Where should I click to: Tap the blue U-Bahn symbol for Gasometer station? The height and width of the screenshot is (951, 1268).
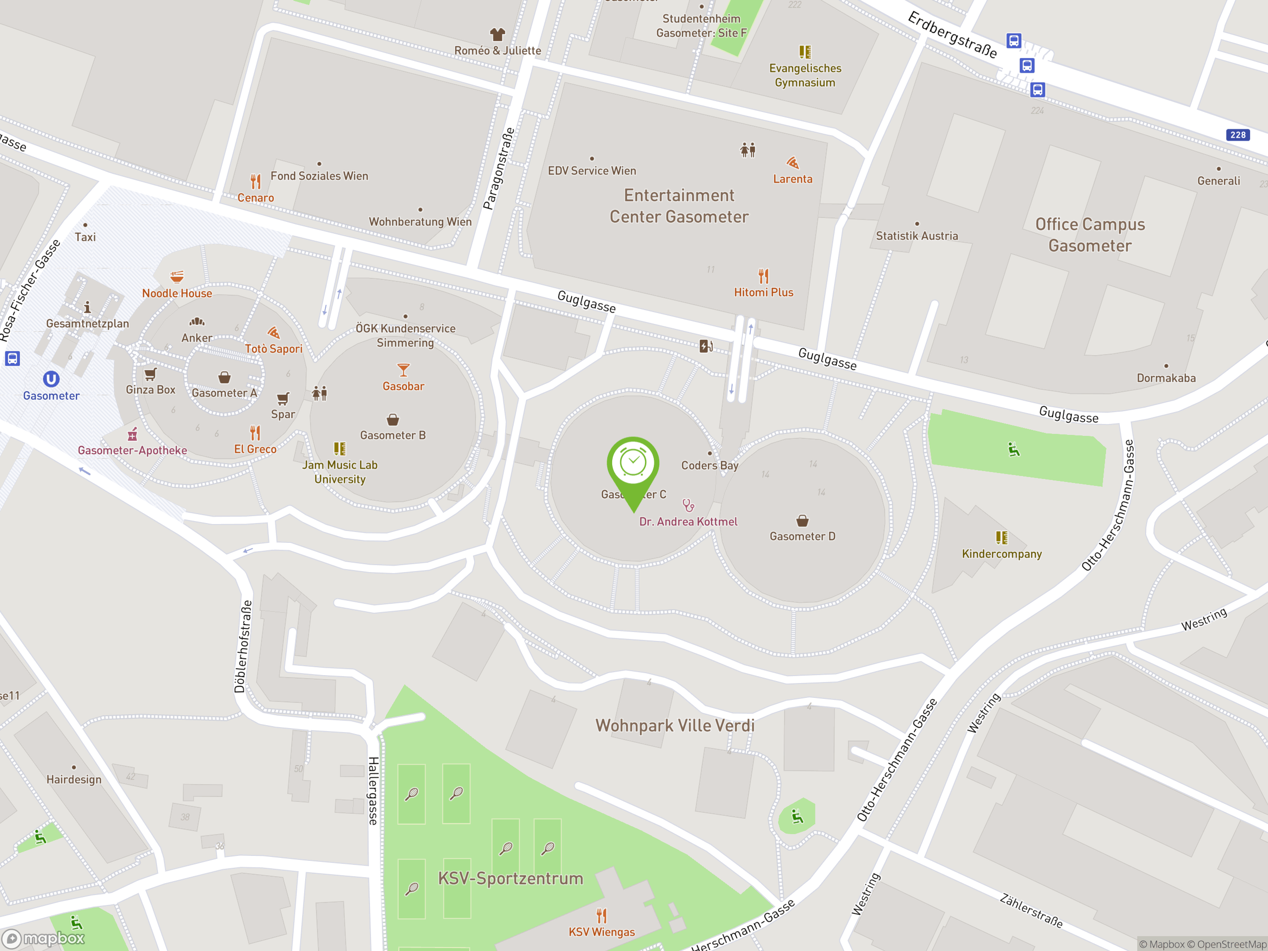click(x=51, y=379)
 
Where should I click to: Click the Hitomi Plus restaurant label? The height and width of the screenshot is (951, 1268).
click(x=764, y=292)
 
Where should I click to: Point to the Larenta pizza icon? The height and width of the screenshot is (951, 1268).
click(x=793, y=163)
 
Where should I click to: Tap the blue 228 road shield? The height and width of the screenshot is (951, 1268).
click(x=1238, y=135)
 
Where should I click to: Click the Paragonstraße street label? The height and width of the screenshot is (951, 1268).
click(x=498, y=168)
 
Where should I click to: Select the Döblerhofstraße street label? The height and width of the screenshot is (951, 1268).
click(x=243, y=646)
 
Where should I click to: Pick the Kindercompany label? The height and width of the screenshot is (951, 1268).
click(x=1002, y=554)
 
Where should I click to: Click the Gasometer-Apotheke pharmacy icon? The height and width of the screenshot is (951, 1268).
click(x=132, y=434)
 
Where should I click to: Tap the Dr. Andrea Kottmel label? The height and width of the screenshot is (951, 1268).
click(x=688, y=522)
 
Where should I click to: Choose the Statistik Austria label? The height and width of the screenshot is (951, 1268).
click(x=917, y=236)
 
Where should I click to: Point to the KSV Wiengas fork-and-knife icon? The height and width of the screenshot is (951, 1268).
click(x=601, y=915)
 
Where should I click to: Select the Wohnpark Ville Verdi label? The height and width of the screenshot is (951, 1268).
click(x=675, y=726)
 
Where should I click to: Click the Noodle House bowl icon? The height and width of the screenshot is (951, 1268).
click(x=177, y=277)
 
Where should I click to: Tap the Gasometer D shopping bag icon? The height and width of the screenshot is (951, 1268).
click(x=802, y=521)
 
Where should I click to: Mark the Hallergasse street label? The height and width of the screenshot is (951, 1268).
click(x=373, y=791)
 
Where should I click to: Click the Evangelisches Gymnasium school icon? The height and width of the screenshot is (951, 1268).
click(x=805, y=52)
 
